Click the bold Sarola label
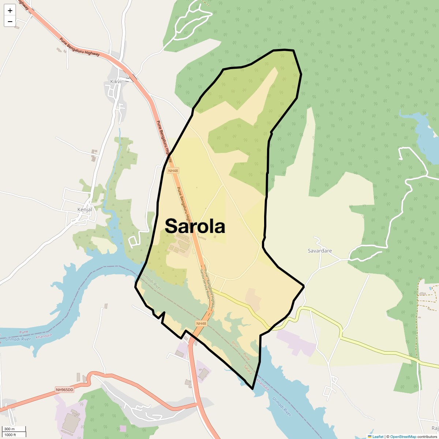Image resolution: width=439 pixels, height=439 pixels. [195, 226]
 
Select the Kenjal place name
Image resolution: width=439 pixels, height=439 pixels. [85, 210]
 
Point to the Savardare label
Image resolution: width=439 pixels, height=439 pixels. [320, 251]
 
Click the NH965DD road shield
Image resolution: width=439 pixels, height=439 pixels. [65, 390]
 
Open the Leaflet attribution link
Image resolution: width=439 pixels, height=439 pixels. [378, 436]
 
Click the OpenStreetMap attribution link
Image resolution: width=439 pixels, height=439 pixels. [403, 436]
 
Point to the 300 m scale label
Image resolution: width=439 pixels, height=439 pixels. [10, 429]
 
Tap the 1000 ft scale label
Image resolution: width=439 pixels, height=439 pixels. [10, 435]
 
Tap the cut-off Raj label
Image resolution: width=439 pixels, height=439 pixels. [434, 428]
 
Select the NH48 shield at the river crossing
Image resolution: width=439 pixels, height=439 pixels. [201, 323]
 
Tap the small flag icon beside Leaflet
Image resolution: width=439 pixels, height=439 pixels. [370, 436]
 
